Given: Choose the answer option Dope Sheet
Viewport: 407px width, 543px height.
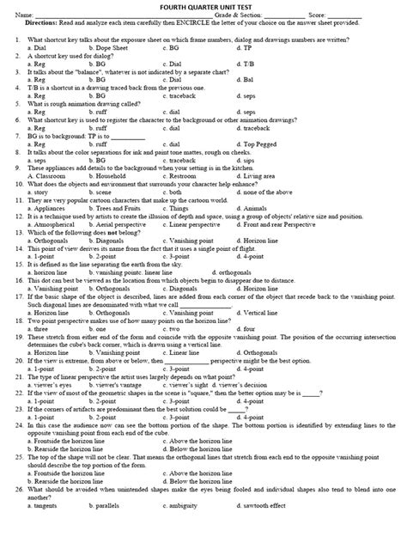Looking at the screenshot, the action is [x=109, y=49].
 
